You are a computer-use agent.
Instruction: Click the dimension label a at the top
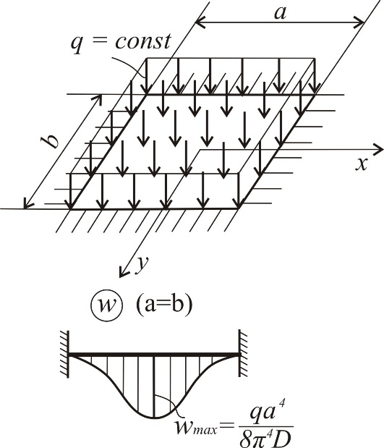(x=280, y=13)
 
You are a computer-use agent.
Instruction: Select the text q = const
(x=121, y=42)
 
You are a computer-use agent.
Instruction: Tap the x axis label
(x=361, y=164)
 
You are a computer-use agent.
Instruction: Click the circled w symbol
(x=107, y=305)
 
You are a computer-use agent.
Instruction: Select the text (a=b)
(x=163, y=305)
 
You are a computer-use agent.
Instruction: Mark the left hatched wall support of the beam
(x=64, y=355)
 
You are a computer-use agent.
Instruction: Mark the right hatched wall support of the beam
(x=243, y=354)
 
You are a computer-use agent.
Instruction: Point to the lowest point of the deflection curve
(x=154, y=418)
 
